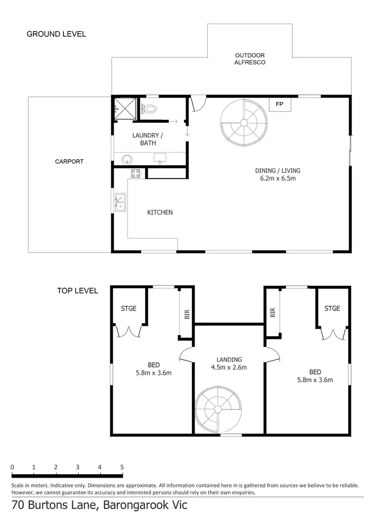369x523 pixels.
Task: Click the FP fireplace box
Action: [279, 105]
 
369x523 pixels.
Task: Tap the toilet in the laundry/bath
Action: [150, 109]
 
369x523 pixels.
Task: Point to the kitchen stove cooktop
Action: [136, 174]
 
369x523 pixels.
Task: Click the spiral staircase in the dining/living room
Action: [244, 123]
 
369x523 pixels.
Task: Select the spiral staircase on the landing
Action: [216, 410]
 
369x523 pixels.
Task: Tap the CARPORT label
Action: [69, 161]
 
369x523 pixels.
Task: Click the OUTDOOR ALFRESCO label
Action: [250, 59]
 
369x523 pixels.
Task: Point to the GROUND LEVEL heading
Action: [56, 34]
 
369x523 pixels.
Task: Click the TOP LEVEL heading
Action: [77, 291]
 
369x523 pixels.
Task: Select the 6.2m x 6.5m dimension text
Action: [277, 178]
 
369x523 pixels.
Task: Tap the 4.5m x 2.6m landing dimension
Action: [229, 367]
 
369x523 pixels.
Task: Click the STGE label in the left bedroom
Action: [128, 309]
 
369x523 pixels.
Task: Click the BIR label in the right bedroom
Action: [273, 312]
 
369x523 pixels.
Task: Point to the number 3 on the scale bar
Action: [78, 467]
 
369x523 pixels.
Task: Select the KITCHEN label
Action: [160, 212]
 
